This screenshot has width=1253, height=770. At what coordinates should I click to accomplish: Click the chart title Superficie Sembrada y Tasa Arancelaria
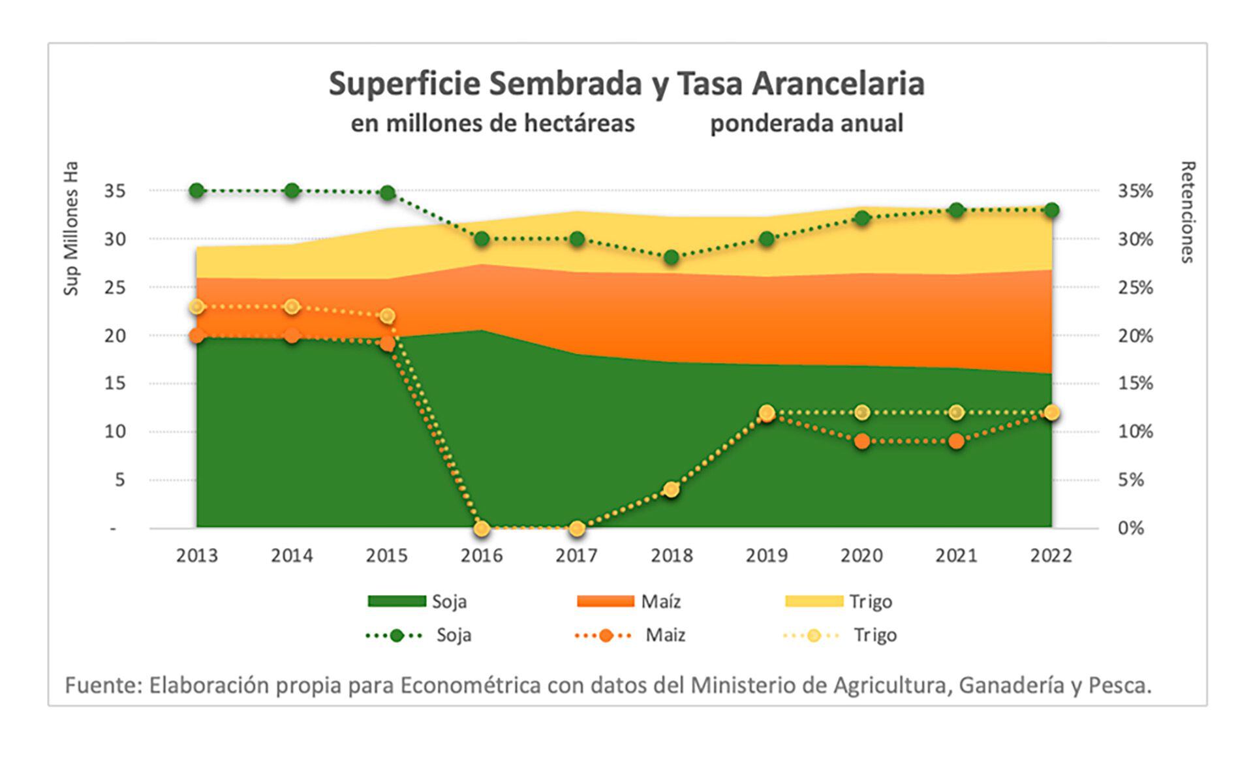(x=626, y=84)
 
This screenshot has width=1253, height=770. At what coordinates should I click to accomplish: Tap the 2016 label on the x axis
(x=482, y=556)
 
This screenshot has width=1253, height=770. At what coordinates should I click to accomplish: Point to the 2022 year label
(x=1051, y=556)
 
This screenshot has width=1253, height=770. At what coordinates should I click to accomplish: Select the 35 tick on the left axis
(x=115, y=191)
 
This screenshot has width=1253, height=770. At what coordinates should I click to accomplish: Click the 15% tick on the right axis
(x=1135, y=383)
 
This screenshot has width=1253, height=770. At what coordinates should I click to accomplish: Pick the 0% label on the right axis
(x=1130, y=528)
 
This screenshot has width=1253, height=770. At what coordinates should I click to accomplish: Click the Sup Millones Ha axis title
(x=71, y=228)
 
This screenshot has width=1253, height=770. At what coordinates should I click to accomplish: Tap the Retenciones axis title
(x=1187, y=212)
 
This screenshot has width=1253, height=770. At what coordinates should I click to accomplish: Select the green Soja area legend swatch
(x=397, y=601)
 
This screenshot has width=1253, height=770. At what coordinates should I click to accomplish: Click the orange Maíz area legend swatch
(x=605, y=601)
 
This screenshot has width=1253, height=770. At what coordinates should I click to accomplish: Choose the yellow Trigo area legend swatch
(x=814, y=601)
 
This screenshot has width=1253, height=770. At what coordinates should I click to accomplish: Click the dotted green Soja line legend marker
(x=397, y=635)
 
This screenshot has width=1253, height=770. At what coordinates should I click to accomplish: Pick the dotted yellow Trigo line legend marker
(x=813, y=635)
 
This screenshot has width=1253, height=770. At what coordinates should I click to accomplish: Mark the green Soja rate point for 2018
(x=672, y=257)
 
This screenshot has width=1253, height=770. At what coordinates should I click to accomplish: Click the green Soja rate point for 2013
(x=197, y=191)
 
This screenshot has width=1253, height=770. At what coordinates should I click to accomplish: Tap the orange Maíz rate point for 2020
(x=862, y=441)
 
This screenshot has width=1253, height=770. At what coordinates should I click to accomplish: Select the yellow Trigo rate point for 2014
(x=292, y=307)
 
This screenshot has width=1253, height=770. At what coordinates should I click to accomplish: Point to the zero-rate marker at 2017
(x=577, y=528)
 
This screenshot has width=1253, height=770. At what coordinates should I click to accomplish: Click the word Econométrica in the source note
(x=470, y=685)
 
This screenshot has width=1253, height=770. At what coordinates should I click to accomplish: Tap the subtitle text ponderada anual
(x=807, y=123)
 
